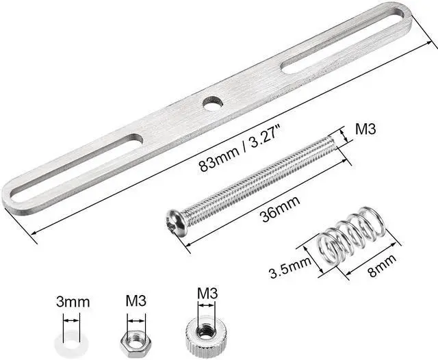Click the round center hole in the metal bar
(x=213, y=103)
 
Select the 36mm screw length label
(x=281, y=208)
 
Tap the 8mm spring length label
(x=381, y=265)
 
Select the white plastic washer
(x=72, y=340)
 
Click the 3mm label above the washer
(x=73, y=302)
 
